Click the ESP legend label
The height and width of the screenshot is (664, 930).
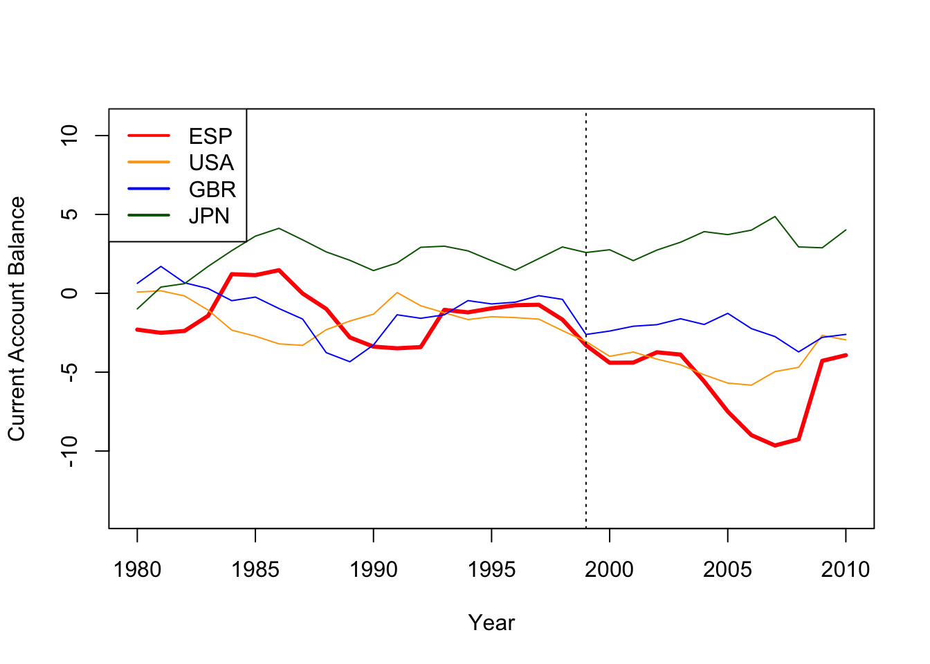210,136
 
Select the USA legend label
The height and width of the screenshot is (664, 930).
211,163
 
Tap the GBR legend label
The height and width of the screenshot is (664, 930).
212,189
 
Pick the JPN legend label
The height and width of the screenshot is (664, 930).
209,216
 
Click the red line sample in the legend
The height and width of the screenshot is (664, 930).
149,136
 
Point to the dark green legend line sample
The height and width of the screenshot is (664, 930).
149,215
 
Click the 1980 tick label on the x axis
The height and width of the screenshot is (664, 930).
137,570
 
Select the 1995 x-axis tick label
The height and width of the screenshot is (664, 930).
491,570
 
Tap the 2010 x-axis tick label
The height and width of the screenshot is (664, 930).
845,570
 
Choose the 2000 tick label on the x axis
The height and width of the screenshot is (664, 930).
609,570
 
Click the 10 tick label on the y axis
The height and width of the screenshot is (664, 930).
70,136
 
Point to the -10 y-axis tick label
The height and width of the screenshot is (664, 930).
70,451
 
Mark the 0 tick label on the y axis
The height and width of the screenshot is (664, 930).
70,293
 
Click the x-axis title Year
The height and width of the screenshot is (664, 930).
491,622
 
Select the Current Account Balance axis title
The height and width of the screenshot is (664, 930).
17,319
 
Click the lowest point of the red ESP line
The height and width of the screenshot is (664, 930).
774,445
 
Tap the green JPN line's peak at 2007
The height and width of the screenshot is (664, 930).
774,216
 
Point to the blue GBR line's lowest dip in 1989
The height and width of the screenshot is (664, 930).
350,361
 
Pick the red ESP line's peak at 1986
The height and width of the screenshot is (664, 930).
279,270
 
